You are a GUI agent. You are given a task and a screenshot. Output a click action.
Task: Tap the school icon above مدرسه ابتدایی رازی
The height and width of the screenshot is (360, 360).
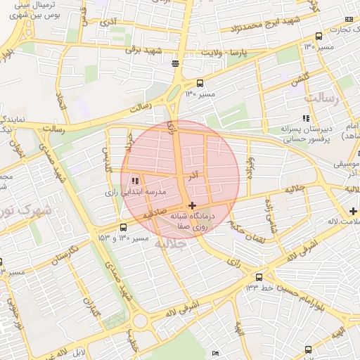click(135, 181)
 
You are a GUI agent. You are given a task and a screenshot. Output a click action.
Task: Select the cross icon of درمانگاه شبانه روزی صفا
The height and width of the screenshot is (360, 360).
click(192, 205)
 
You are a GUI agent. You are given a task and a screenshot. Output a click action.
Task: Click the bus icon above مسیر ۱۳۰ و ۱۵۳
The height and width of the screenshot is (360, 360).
click(124, 227)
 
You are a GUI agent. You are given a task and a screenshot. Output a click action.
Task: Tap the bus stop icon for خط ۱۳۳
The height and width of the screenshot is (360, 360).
click(259, 277)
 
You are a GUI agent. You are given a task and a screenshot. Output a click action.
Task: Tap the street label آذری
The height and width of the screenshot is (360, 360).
click(108, 22)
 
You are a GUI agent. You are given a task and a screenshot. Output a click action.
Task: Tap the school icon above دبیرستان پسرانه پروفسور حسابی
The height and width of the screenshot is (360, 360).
click(305, 118)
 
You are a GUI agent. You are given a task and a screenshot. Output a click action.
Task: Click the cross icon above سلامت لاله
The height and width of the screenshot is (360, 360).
click(353, 211)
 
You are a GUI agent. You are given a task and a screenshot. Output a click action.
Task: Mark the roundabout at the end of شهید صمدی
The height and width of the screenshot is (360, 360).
click(141, 321)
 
